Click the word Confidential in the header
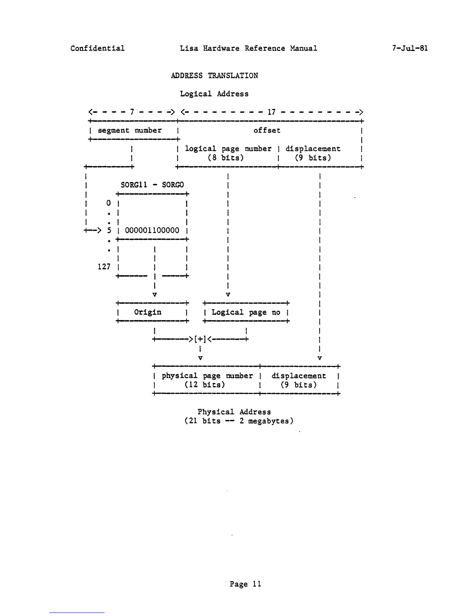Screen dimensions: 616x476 [x=98, y=48]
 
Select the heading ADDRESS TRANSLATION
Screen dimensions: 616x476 [x=214, y=75]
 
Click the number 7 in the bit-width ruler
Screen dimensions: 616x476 [x=132, y=112]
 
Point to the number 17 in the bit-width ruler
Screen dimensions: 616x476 [x=271, y=112]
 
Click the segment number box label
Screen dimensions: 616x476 [x=129, y=130]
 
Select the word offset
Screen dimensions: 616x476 [x=267, y=130]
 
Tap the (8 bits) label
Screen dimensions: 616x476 [x=226, y=157]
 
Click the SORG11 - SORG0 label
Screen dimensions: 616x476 [x=152, y=185]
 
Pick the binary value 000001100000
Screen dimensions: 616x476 [x=152, y=230]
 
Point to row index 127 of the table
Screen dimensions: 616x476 [x=104, y=266]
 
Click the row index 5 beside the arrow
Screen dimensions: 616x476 [x=109, y=230]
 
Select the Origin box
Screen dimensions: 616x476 [x=148, y=312]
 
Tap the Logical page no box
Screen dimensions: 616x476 [x=246, y=312]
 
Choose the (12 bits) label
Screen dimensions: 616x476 [x=205, y=385]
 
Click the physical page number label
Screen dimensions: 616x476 [x=207, y=376]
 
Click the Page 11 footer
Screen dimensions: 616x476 [x=245, y=584]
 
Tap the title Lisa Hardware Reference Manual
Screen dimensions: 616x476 [x=248, y=48]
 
